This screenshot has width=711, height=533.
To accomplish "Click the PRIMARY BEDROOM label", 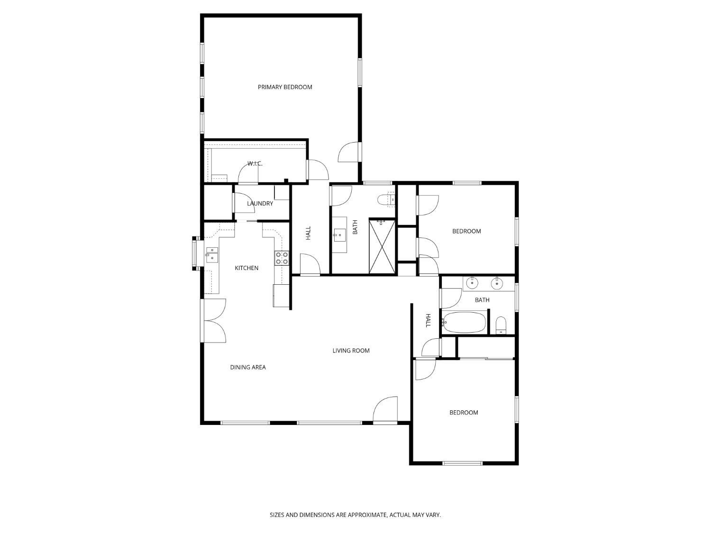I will click(285, 87).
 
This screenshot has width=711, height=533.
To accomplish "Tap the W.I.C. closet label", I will click(255, 164).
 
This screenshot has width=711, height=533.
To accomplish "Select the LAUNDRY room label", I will click(260, 204).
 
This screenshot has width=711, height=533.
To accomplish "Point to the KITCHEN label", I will click(246, 268).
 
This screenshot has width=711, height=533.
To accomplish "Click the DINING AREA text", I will click(248, 367).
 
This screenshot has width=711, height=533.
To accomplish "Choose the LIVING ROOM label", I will click(351, 351).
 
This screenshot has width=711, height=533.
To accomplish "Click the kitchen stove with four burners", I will click(282, 258).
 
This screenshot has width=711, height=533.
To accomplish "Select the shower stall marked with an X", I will click(382, 246).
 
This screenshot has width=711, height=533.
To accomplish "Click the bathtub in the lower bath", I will click(465, 323).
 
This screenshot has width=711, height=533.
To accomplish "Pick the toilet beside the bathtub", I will click(501, 325).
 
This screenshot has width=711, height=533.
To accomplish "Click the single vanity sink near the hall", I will click(339, 235).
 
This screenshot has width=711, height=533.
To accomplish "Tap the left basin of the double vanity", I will click(472, 283).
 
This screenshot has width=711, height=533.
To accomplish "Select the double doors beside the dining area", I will click(214, 320).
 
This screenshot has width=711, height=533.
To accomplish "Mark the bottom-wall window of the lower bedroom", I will click(462, 463).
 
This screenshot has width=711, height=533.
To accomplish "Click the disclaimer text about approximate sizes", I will click(355, 515).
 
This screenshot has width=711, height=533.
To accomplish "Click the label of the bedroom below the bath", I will click(464, 413).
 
